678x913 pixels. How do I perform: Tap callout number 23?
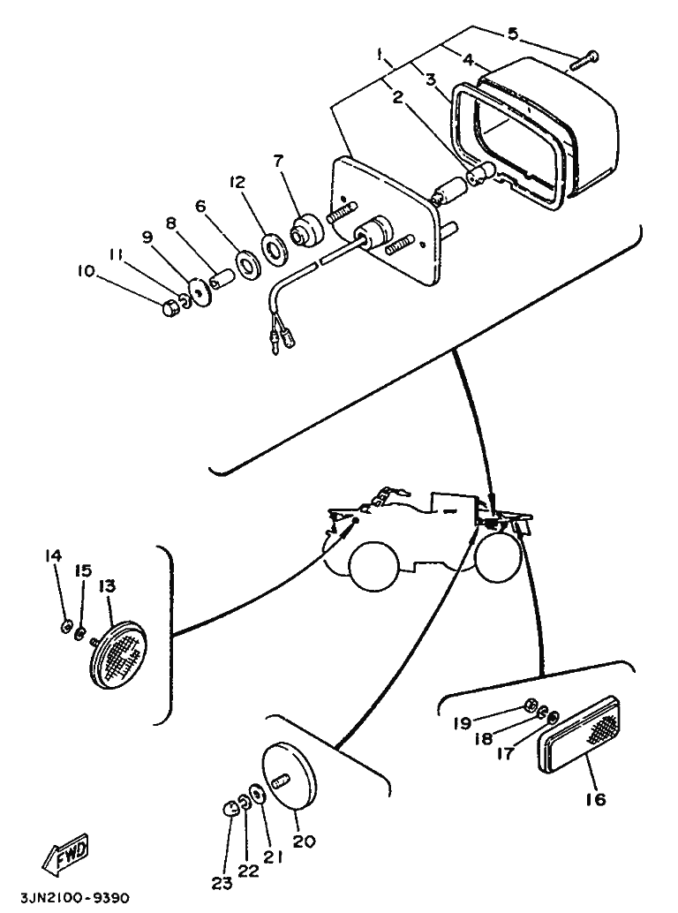[x=221, y=883]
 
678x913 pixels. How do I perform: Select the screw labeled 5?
[x=584, y=60]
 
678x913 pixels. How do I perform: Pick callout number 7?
[x=278, y=161]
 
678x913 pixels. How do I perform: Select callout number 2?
[x=398, y=97]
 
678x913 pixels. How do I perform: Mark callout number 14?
[x=54, y=555]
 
